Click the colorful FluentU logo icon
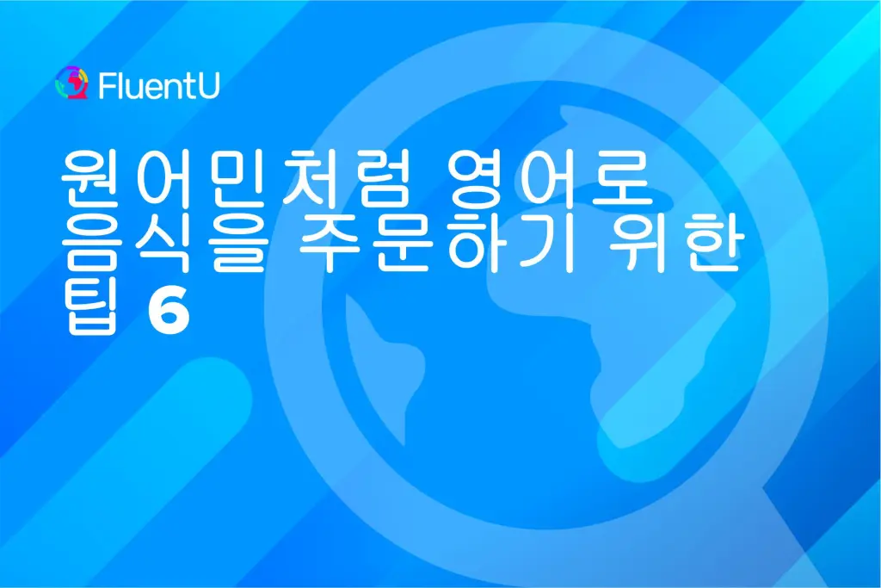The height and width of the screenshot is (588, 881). (x=72, y=84)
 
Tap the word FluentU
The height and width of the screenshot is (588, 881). (x=159, y=85)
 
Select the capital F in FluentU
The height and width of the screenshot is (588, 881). (x=106, y=86)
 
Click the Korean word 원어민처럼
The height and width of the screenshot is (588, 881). (x=232, y=177)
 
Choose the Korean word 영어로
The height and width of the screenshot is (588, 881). (x=550, y=177)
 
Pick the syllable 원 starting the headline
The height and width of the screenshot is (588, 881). (x=89, y=177)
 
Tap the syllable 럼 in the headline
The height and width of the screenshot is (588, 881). (x=376, y=177)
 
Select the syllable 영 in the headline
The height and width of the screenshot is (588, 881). (x=477, y=177)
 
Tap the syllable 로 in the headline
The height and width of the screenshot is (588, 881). (x=625, y=177)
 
